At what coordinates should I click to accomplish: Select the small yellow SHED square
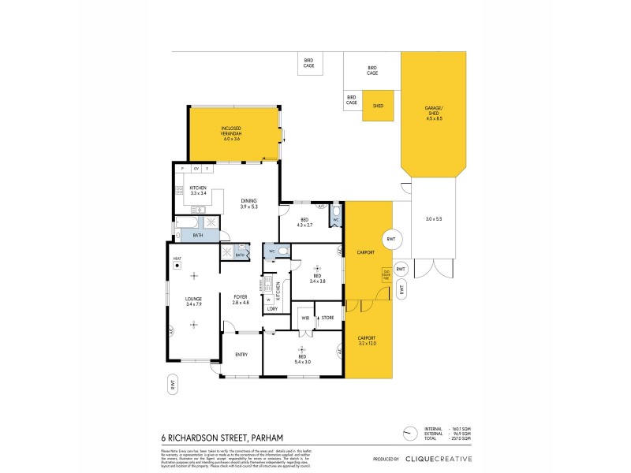coord(378,106)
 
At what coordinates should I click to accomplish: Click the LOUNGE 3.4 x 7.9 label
coord(193,302)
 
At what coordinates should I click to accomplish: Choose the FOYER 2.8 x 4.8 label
coord(241,300)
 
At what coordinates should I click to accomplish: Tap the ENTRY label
coord(241,354)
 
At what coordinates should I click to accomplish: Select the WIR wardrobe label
coord(304,318)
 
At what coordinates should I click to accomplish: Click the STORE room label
coord(328,318)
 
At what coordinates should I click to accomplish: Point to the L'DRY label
coord(271,308)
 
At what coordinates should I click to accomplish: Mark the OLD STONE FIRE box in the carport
coord(386,274)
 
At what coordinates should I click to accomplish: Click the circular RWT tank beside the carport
coord(390,240)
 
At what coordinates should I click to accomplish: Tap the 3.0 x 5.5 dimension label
coord(435,218)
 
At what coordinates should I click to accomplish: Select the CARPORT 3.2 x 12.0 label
coord(368,341)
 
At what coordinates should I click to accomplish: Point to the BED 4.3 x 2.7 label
coord(306,222)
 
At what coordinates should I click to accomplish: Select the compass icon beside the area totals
coord(409,434)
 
